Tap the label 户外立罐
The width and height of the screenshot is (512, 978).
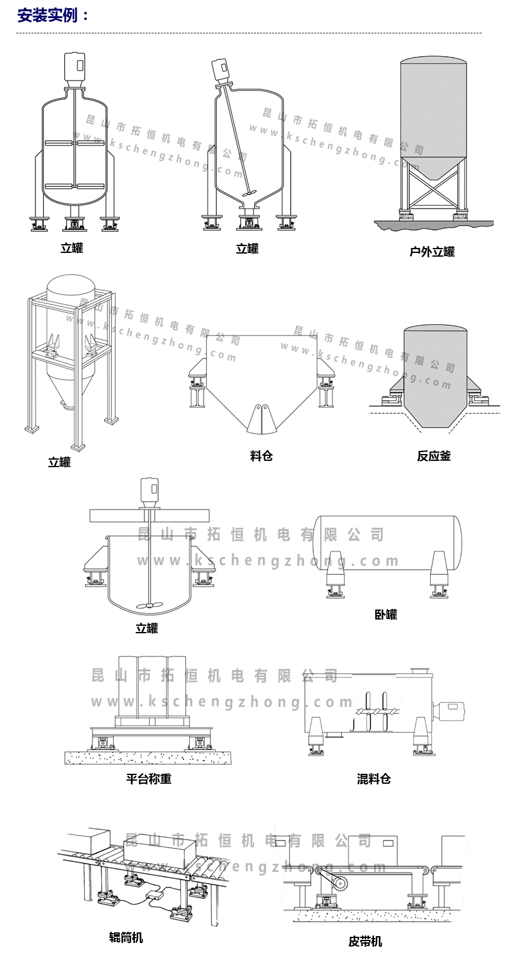point(432,252)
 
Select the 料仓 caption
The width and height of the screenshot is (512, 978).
point(262,456)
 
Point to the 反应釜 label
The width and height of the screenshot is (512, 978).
point(434,456)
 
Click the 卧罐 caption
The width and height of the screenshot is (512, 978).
point(386,614)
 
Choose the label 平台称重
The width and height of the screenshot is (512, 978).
point(149,778)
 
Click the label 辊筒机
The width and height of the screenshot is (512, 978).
point(126,937)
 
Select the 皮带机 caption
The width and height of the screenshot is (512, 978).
point(365,941)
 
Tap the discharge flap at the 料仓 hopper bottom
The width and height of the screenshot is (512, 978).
point(262,418)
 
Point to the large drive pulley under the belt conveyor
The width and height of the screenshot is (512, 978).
point(340,883)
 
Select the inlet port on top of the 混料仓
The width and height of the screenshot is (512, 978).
point(420,671)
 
